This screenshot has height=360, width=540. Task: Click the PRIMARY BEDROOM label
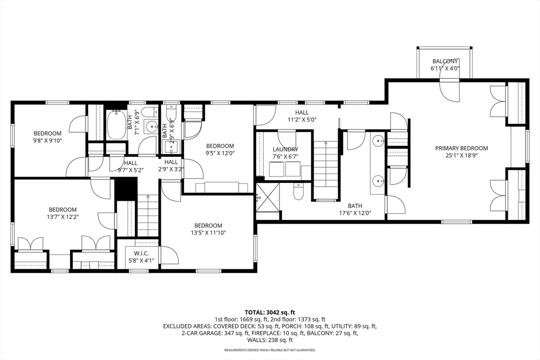[461, 148]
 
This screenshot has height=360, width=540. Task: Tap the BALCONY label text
[445, 61]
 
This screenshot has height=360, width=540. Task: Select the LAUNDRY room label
[285, 149]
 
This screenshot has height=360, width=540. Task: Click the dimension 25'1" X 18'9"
[461, 155]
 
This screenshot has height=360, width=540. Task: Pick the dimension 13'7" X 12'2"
[63, 217]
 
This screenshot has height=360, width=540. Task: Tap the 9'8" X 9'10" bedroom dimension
[47, 140]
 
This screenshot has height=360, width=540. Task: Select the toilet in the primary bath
[298, 191]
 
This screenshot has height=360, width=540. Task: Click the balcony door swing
[450, 91]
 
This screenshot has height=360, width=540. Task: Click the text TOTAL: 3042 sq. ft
[270, 313]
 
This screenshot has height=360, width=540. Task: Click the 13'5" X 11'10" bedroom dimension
[208, 232]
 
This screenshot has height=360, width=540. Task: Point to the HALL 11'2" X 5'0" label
[302, 116]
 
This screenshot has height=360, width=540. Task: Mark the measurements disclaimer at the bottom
[270, 351]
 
